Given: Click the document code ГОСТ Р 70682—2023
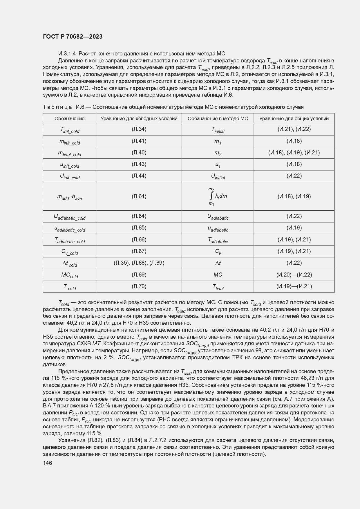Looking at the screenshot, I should point(73,37).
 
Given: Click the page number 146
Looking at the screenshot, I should point(47,463).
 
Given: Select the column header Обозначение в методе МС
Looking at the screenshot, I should point(218,118).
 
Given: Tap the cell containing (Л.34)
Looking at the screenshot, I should point(139,129).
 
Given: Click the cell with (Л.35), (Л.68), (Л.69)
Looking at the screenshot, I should point(139,263).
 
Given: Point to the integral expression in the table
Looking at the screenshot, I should point(218,196).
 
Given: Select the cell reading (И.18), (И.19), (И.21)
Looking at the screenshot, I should point(294,153).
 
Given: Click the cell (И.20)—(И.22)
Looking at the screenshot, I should point(294,275).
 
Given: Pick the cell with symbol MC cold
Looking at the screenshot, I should point(70,275).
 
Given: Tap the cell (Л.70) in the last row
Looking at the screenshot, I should point(139,286).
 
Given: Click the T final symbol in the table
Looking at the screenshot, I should point(218,287).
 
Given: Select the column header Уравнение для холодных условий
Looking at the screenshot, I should point(139,118).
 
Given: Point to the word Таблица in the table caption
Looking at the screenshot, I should point(57,107).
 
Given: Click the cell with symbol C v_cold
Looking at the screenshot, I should point(70,252).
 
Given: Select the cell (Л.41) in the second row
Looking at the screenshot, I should point(139,141).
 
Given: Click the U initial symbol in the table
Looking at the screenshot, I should point(218,176).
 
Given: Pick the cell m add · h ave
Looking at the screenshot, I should point(70,197).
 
